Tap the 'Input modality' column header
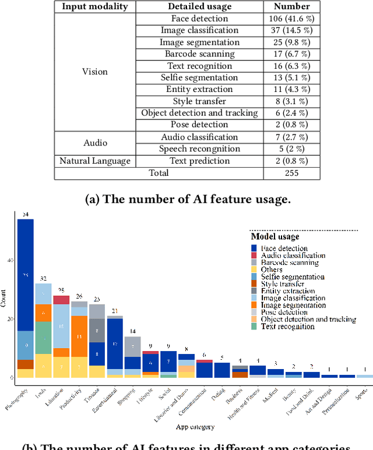pyautogui.click(x=95, y=6)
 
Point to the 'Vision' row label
pyautogui.click(x=95, y=72)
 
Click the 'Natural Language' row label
pyautogui.click(x=95, y=161)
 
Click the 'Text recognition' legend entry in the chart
pyautogui.click(x=288, y=327)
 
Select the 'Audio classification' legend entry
pyautogui.click(x=293, y=256)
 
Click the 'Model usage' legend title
pyautogui.click(x=275, y=237)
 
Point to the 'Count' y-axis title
pyautogui.click(x=4, y=297)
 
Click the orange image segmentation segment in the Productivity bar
pyautogui.click(x=79, y=336)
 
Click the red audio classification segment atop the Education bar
pyautogui.click(x=61, y=300)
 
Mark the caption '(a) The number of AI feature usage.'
pyautogui.click(x=186, y=199)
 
